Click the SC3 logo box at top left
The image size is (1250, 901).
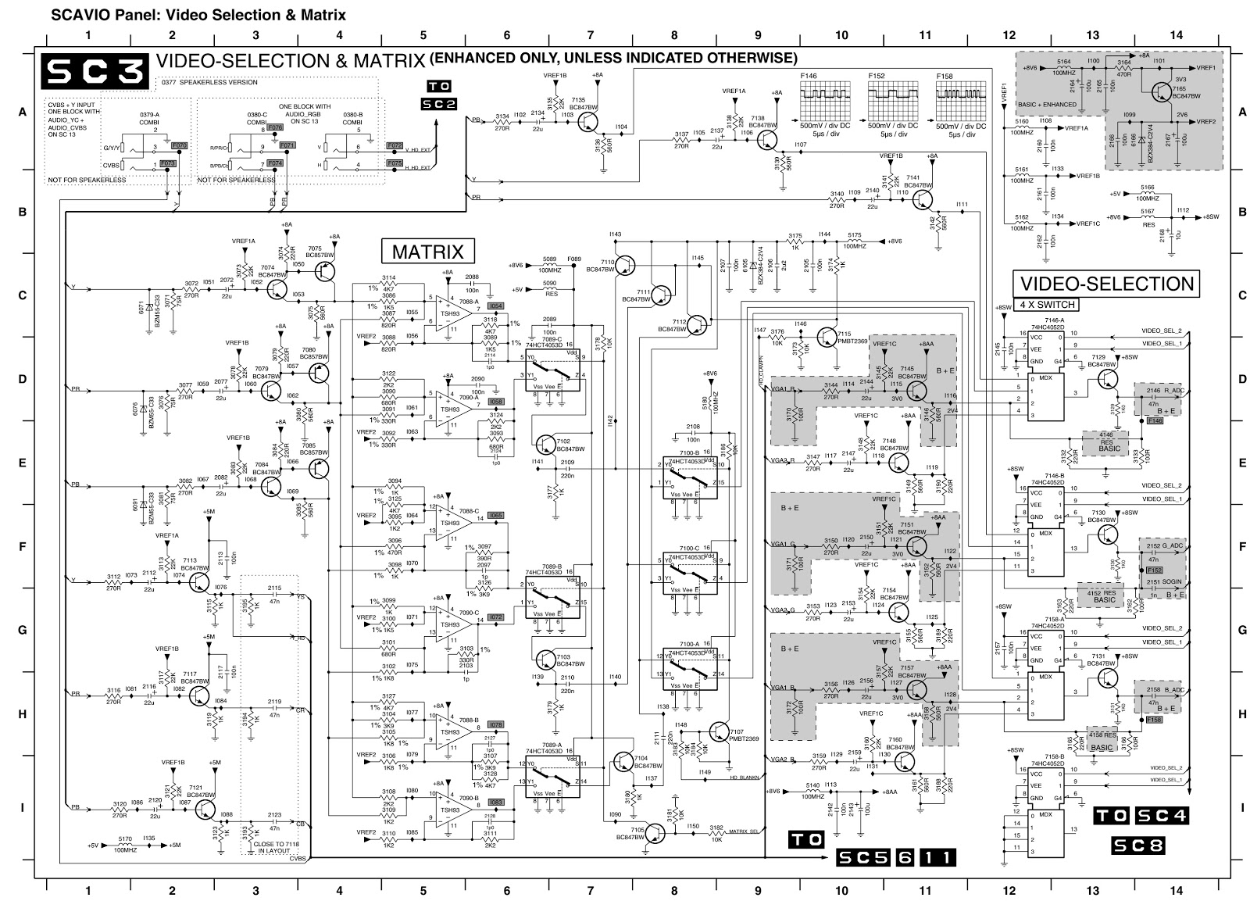[95, 69]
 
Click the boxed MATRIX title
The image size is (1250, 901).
[428, 252]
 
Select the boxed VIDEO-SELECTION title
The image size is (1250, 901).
[1105, 283]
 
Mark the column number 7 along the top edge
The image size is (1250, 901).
[590, 35]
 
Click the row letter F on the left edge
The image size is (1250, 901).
[22, 546]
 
